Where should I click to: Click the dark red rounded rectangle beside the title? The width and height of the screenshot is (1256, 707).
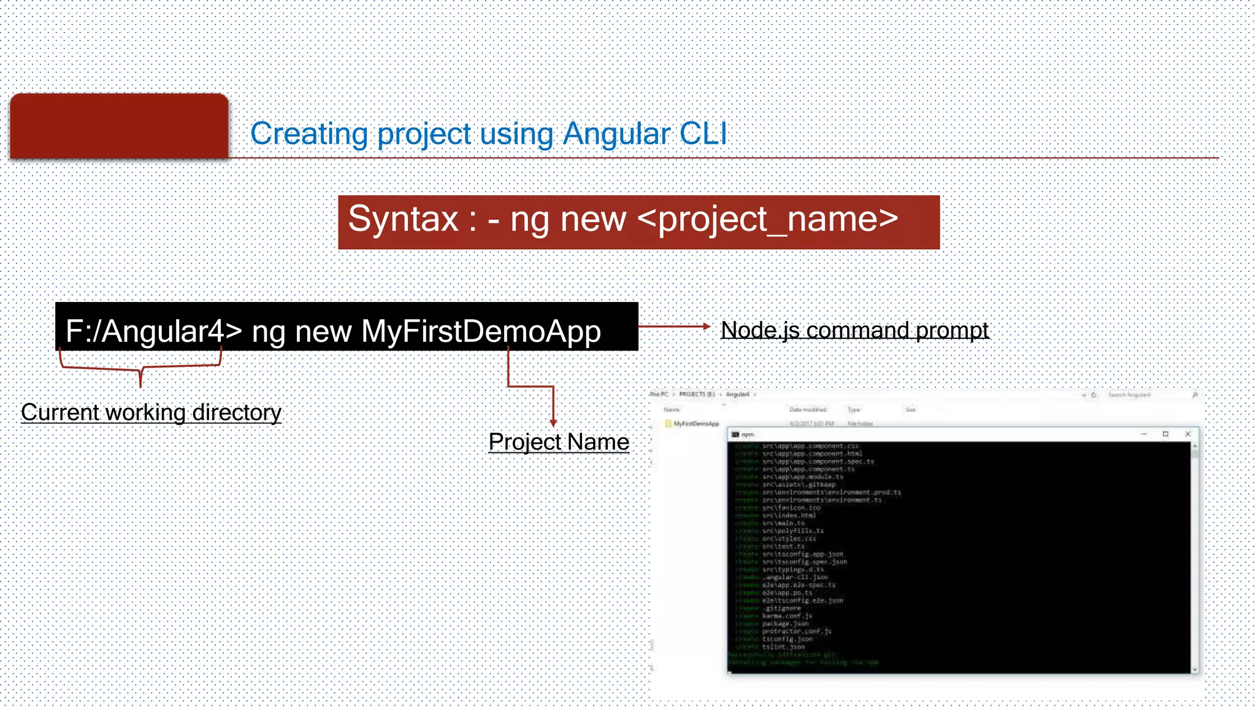119,126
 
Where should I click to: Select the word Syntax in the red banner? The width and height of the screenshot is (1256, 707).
403,219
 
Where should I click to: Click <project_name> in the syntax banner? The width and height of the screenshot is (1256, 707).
768,219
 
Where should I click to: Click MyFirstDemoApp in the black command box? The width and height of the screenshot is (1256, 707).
481,331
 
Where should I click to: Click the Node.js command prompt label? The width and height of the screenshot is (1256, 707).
854,330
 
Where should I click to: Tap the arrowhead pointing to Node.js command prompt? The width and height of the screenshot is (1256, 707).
706,327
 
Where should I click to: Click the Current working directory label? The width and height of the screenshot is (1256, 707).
151,412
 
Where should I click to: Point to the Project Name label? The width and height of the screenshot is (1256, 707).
559,442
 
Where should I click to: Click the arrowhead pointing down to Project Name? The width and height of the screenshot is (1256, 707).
553,423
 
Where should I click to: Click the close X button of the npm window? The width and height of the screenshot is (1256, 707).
1188,434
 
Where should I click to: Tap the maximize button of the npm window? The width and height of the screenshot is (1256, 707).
1165,434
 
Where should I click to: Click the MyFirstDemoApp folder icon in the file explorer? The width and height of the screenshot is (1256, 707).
668,423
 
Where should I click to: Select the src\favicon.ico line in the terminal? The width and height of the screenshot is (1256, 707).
791,508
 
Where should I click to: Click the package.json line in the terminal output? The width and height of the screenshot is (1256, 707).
785,624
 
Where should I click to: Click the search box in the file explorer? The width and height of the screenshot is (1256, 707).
1147,395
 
